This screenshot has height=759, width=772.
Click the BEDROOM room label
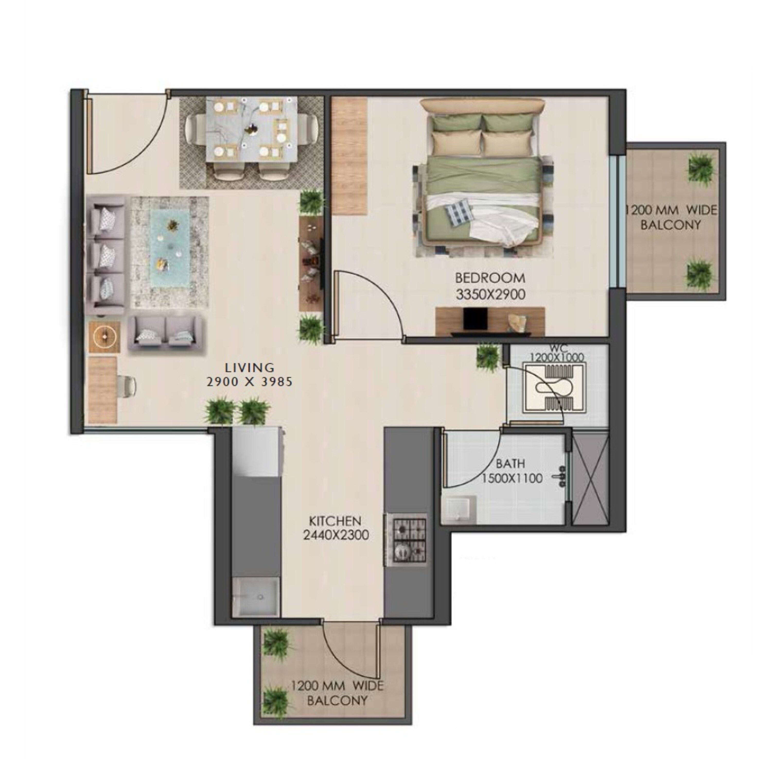pyautogui.click(x=489, y=278)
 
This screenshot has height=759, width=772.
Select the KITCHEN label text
pyautogui.click(x=335, y=521)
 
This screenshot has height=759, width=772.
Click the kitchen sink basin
pyautogui.click(x=256, y=597)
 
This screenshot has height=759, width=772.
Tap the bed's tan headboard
pyautogui.click(x=482, y=107)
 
